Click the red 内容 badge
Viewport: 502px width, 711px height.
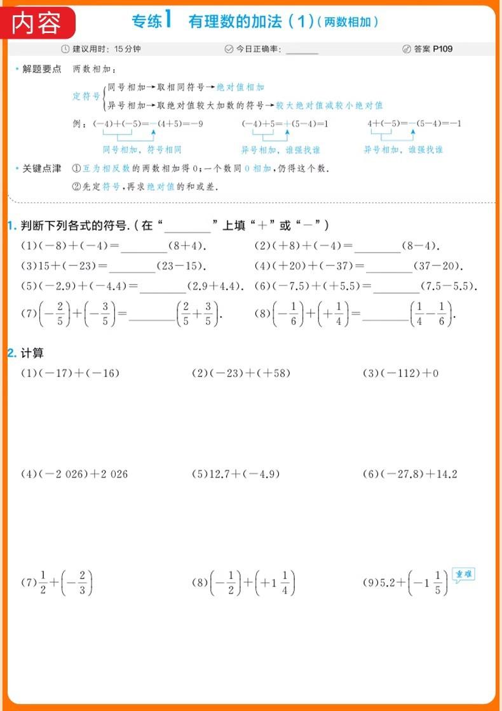(x=38, y=23)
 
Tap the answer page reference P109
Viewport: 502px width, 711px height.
(x=443, y=49)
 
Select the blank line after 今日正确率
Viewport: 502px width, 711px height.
(x=302, y=50)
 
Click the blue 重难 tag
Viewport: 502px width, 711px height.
(x=464, y=575)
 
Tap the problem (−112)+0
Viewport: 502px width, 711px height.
(x=400, y=373)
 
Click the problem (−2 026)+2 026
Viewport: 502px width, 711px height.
(x=74, y=474)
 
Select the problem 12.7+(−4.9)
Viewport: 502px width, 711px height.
(x=235, y=474)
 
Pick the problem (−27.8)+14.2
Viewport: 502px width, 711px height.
(x=410, y=474)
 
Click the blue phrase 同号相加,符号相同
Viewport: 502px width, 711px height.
(x=142, y=150)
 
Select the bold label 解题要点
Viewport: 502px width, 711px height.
(x=42, y=69)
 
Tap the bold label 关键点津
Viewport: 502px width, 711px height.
(x=42, y=168)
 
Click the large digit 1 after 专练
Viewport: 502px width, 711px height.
(x=168, y=20)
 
